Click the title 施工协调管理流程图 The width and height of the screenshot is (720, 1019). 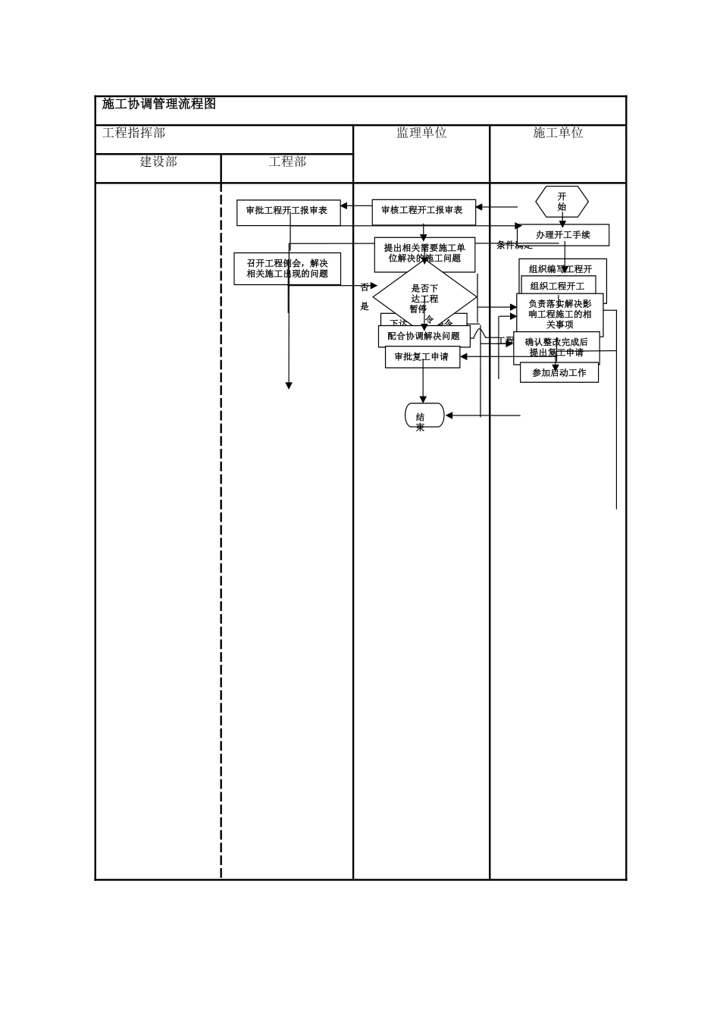tap(159, 105)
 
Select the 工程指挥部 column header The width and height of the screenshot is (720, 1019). tap(134, 133)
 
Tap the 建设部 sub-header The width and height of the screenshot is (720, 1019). tap(158, 161)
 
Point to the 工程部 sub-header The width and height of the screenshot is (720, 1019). tap(287, 161)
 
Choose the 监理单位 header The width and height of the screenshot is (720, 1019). tap(421, 133)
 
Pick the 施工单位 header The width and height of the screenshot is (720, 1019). tap(558, 133)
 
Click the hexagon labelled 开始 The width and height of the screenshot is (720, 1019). tap(562, 202)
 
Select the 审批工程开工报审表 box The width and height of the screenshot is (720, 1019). tap(288, 212)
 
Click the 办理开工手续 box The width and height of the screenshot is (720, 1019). tap(562, 235)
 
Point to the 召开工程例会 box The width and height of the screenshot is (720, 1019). tap(287, 268)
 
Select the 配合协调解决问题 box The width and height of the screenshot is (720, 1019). tap(424, 337)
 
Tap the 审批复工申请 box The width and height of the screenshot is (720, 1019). tap(422, 357)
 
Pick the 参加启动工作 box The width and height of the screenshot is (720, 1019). tap(559, 373)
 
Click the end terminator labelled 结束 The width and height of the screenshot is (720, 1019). tap(424, 415)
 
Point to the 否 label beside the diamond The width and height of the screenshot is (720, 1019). tap(365, 287)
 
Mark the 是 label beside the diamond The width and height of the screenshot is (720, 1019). tap(365, 306)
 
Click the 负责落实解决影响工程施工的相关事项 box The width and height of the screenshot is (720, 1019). tap(560, 313)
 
